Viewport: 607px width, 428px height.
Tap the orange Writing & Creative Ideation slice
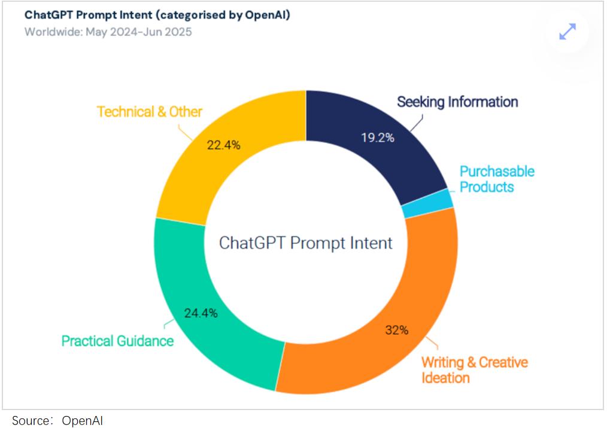coord(383,335)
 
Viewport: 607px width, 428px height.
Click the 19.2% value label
coord(377,137)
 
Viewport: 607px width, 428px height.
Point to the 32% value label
coord(396,329)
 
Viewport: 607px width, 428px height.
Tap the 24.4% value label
coord(201,313)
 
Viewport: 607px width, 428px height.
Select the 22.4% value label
coord(223,144)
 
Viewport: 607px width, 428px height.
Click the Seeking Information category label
coord(457,102)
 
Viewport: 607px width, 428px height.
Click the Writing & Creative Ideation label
coord(474,370)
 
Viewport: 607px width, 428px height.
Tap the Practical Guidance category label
coord(117,341)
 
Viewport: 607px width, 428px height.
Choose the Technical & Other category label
coord(150,112)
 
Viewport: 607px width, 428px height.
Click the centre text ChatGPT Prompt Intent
coord(305,243)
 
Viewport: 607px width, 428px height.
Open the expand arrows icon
coord(567,32)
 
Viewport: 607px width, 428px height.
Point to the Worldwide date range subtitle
coord(108,32)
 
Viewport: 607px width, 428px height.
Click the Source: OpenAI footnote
coord(53,421)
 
